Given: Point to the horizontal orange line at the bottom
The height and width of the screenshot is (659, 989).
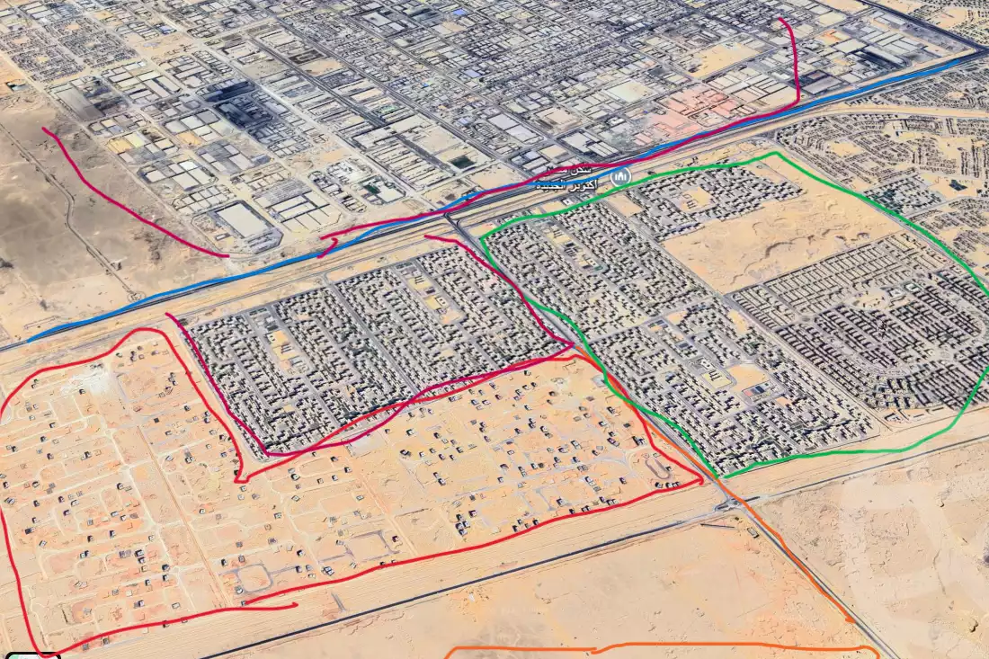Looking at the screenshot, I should [x=665, y=646].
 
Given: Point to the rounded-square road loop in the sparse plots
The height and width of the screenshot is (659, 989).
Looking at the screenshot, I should [x=255, y=575].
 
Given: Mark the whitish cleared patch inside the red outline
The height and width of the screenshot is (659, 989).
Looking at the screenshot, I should [x=94, y=382].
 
